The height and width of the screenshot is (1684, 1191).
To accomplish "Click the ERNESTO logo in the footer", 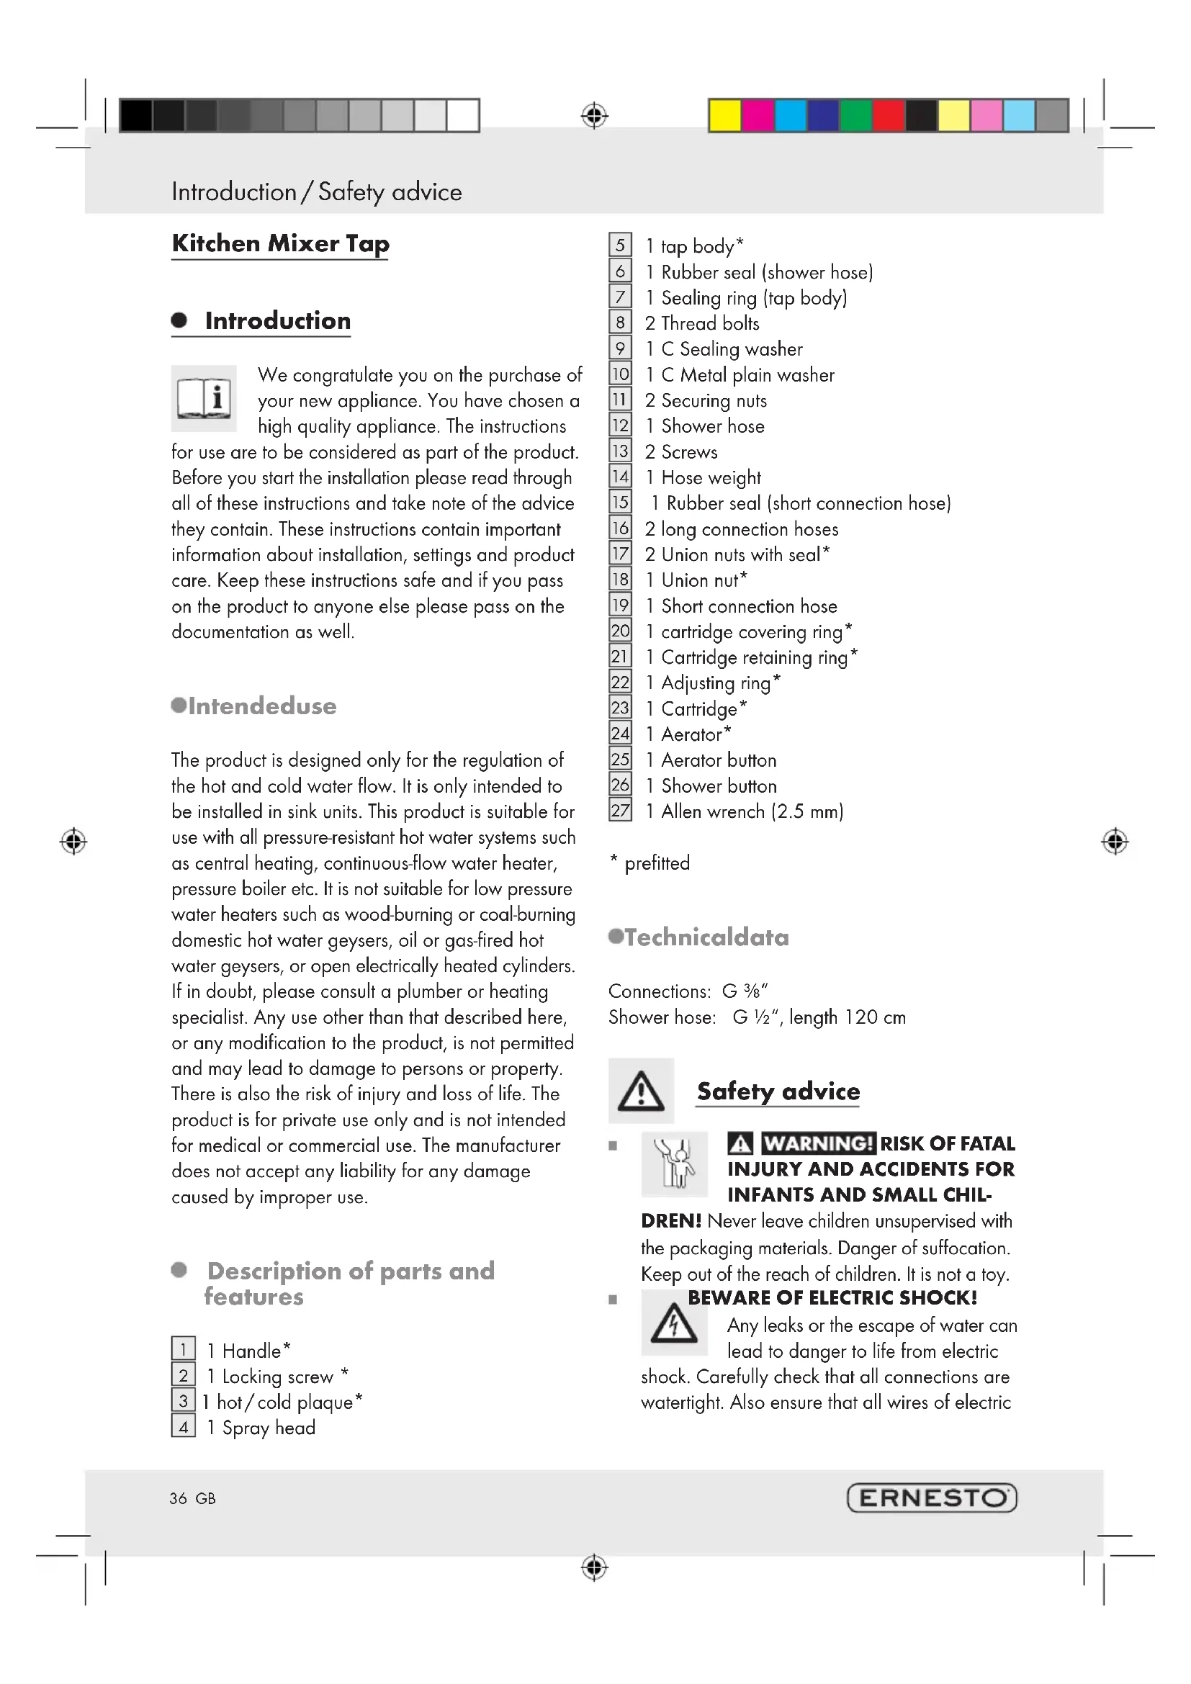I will [931, 1498].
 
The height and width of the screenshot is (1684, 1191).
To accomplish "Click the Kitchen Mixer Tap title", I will [280, 243].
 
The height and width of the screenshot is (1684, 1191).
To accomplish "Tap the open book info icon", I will [204, 398].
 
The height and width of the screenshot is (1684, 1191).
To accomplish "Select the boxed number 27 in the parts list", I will [620, 811].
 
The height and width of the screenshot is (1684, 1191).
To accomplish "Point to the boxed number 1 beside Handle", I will [184, 1349].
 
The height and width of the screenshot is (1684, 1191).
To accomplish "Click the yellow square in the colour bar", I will [724, 116].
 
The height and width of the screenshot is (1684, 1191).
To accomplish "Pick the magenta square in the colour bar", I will [757, 116].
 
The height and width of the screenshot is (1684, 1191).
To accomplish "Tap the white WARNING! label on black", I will [818, 1143].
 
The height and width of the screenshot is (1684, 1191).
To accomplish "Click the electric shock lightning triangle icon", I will [674, 1324].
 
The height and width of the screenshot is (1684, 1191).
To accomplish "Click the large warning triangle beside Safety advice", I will [641, 1091].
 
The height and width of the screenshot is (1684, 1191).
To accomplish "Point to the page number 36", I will [178, 1498].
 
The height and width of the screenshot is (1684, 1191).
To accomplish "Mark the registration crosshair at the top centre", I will [595, 116].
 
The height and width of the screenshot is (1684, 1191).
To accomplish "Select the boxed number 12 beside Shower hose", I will [620, 425].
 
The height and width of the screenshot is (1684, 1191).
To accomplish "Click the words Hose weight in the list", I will [711, 478].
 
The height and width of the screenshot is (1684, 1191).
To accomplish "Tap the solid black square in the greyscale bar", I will [135, 116].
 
